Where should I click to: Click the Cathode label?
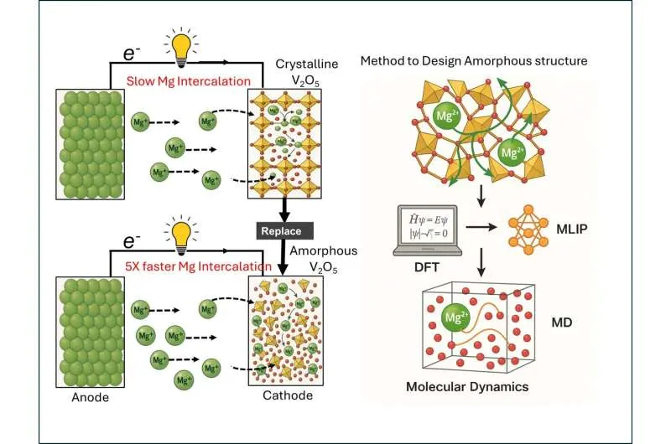click(282, 395)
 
